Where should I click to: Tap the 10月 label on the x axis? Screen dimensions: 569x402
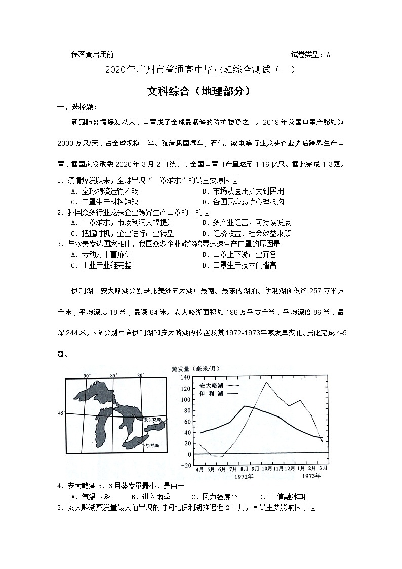[x=267, y=469]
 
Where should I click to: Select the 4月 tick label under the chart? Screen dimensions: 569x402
[x=200, y=469]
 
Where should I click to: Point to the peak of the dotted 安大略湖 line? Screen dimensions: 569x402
[x=266, y=382]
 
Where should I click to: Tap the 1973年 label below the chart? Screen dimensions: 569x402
[x=310, y=476]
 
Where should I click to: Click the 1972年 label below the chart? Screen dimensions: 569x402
[x=244, y=476]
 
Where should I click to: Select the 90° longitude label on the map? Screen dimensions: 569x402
[x=87, y=375]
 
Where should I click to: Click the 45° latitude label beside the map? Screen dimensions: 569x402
[x=61, y=413]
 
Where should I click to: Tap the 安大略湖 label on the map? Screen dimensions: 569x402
[x=152, y=420]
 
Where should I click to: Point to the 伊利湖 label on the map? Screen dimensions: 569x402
[x=152, y=445]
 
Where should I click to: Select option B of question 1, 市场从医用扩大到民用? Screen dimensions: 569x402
[x=243, y=191]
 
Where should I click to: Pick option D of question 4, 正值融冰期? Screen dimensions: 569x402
[x=282, y=497]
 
